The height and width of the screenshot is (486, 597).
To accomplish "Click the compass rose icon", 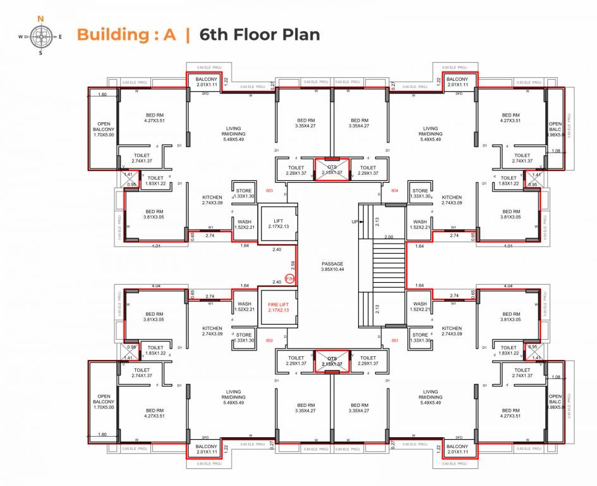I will coord(41,36).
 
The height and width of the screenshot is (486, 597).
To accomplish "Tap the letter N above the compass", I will coord(41,20).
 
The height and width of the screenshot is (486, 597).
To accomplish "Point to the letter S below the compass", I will coord(41,53).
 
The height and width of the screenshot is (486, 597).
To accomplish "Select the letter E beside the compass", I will coord(60,37).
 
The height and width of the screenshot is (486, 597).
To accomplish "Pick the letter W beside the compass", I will coord(21,37).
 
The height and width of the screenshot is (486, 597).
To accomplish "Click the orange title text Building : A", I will coord(126,34).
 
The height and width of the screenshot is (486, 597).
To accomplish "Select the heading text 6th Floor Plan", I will coord(260,34).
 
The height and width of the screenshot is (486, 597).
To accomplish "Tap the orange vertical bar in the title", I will coord(187,34).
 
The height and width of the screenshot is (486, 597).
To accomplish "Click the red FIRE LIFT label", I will coord(279,307).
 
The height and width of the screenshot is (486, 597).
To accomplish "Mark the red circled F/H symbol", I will coord(290,278).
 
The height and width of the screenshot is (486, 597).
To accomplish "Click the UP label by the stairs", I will coord(354,221).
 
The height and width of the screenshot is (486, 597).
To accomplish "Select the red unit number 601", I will coord(394,341).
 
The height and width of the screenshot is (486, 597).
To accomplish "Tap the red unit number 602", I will coord(269,341).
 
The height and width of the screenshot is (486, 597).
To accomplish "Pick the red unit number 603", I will coord(269,190).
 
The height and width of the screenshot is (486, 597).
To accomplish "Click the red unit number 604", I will coord(394,190).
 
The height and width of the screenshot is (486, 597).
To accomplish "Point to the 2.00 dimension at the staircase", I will coord(389,237).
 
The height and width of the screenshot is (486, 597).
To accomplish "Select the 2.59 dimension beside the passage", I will coord(293,264).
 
